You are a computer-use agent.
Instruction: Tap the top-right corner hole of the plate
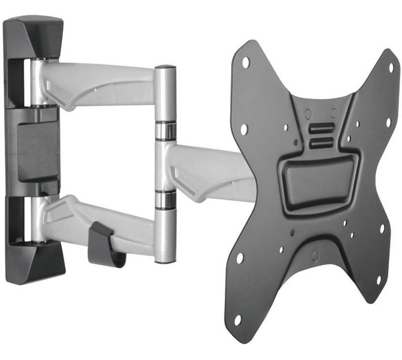point(391,67)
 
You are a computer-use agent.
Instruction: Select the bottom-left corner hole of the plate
point(238,320)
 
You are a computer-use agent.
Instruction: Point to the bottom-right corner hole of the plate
point(378,280)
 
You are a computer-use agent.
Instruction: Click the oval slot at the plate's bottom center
point(315,255)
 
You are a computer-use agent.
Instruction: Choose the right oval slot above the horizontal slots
point(335,113)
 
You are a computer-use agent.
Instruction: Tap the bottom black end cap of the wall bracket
point(35,262)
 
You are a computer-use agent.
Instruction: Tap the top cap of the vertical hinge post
point(165,69)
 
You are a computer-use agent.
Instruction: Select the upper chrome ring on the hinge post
point(165,130)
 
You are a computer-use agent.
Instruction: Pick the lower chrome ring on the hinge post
point(165,199)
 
